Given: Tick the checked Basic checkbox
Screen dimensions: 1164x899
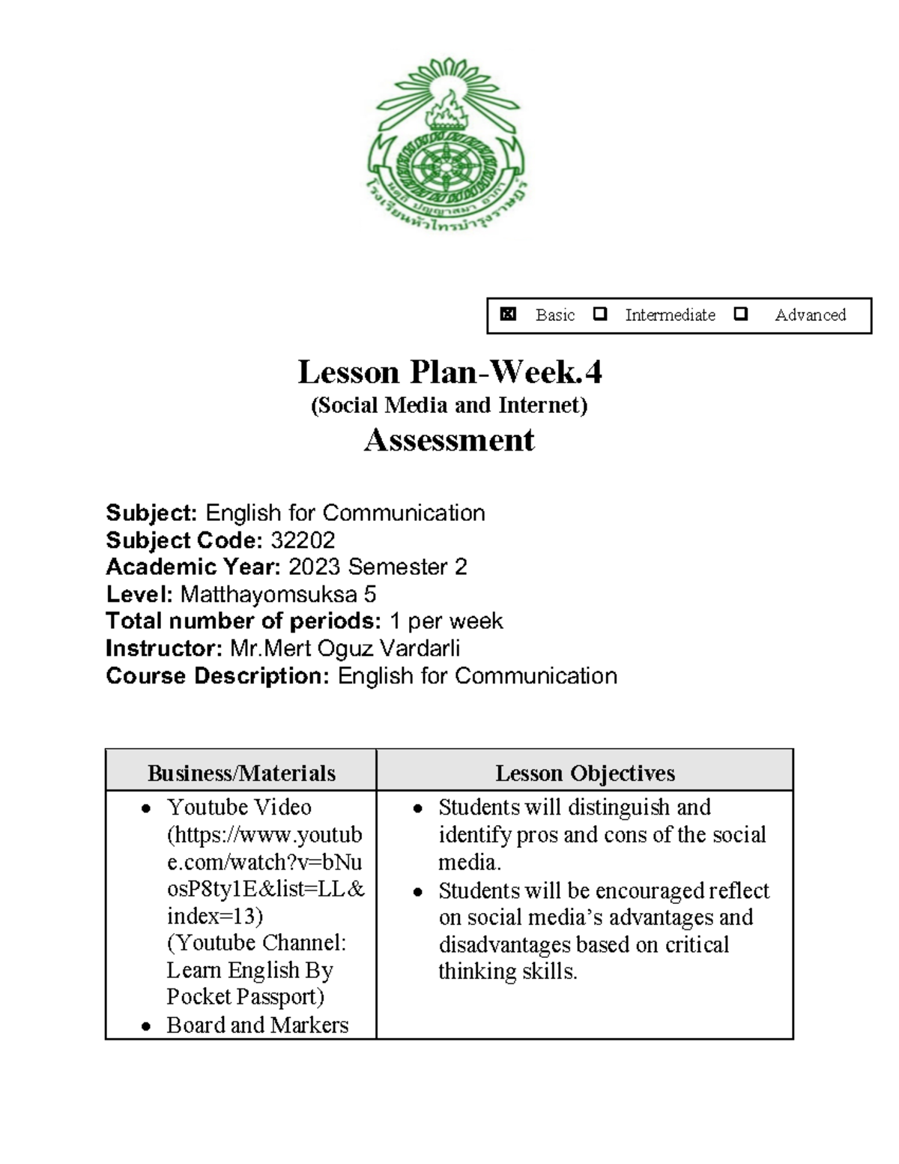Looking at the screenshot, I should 509,314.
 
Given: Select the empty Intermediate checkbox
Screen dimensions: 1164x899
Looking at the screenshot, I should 599,314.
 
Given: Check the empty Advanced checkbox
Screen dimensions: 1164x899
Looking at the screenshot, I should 741,314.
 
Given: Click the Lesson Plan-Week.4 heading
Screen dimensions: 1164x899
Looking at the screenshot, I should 449,372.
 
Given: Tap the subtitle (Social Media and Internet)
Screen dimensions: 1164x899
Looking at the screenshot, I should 449,405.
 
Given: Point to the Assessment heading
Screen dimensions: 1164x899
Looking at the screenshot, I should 449,440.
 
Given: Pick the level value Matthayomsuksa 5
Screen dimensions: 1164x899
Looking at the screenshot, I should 278,594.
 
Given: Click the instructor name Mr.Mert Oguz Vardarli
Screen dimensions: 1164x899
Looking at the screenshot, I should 345,648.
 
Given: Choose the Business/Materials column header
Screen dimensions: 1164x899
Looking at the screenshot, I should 241,773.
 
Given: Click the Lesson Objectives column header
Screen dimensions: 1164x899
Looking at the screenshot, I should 585,773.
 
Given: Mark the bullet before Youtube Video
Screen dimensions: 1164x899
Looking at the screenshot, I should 147,809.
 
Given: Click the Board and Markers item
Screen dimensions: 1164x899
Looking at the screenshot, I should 257,1025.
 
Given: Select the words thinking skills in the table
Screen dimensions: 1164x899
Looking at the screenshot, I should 507,971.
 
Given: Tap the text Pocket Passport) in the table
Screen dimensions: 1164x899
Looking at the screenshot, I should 246,997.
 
